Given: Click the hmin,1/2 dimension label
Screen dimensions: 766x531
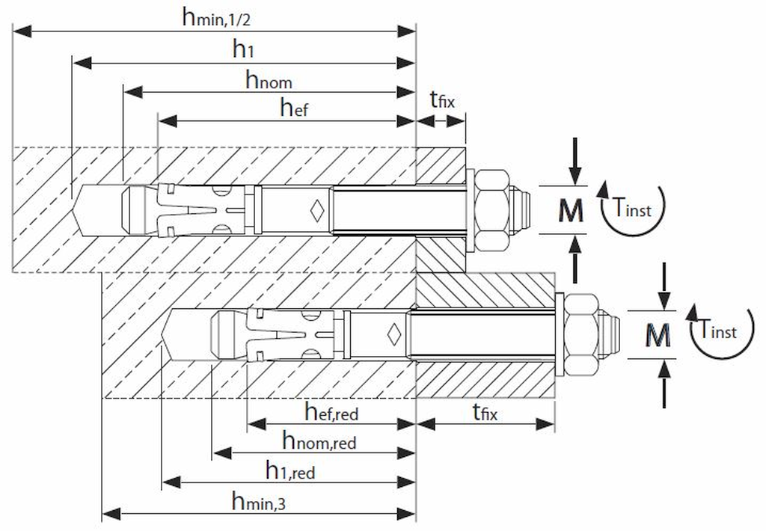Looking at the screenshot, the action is point(216,19).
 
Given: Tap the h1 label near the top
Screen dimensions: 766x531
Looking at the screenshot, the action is point(243,49).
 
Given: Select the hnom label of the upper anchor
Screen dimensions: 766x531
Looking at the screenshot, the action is point(269,79).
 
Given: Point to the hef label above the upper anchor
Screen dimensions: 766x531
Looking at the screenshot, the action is point(294,107).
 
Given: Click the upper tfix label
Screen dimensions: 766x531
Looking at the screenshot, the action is point(442,99).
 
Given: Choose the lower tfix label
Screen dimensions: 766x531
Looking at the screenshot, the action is point(485,412).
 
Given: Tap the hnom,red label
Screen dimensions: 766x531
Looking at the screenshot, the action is point(319,441).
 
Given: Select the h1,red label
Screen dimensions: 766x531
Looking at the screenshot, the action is point(290,470).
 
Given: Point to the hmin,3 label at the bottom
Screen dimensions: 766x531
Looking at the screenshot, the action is point(258,501).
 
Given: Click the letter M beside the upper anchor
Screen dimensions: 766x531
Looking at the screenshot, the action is point(571,211).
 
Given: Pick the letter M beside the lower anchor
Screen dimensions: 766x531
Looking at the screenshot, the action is point(658,335).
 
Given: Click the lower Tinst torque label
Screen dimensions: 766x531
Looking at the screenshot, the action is point(717,329).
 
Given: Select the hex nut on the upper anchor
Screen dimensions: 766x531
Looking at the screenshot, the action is point(492,211).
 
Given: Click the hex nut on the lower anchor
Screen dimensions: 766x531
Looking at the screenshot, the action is point(581,335).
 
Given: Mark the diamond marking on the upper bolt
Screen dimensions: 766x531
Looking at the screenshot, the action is point(317,211).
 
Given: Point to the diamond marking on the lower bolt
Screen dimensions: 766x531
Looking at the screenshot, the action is point(393,334).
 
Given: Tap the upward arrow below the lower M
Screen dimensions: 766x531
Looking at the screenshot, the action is point(664,384).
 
